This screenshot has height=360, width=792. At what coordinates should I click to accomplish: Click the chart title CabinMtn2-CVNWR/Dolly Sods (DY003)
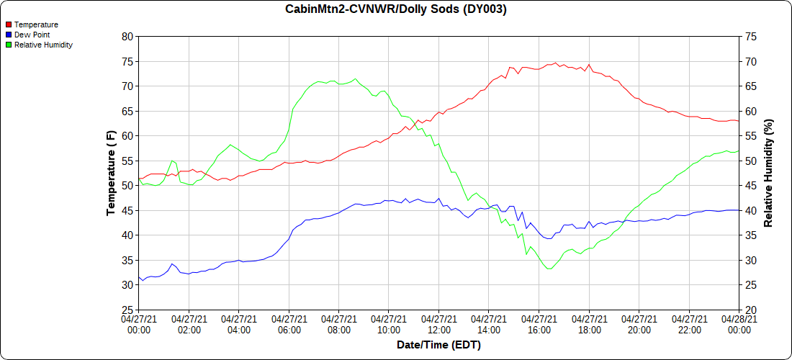(395, 9)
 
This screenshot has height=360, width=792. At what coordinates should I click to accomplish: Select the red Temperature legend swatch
(9, 24)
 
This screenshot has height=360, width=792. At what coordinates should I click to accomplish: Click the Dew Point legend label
(32, 35)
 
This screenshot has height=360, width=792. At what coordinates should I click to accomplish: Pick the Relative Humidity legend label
(44, 45)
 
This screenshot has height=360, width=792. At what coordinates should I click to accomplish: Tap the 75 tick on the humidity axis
(750, 36)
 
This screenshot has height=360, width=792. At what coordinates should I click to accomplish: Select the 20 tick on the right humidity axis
(750, 310)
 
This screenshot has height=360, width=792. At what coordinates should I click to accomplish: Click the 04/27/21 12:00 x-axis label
(439, 324)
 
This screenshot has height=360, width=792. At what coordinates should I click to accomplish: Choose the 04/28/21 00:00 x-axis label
(739, 324)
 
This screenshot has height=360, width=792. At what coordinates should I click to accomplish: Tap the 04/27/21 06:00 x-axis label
(289, 324)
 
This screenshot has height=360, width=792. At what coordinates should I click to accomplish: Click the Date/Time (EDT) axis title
(438, 346)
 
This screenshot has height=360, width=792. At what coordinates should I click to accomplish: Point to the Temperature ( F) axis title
(111, 174)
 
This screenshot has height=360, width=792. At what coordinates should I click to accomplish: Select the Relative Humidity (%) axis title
(768, 174)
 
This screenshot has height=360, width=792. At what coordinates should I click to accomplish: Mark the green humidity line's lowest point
(549, 269)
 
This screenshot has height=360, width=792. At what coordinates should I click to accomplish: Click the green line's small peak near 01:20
(172, 161)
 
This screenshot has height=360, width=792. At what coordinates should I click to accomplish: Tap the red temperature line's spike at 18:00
(589, 65)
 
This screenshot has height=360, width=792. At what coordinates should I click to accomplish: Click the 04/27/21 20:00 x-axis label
(639, 324)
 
